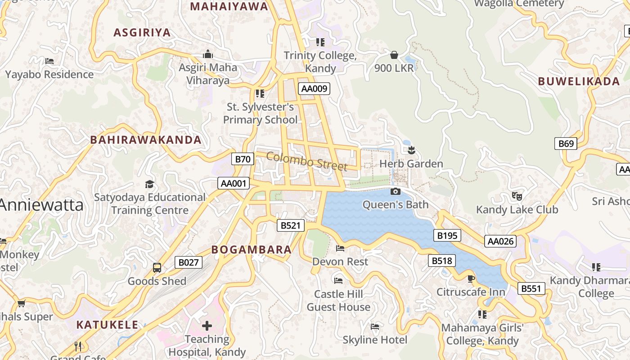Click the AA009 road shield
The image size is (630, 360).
point(314,89)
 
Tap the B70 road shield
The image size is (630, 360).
point(243,159)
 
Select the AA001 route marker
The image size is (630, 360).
point(233,183)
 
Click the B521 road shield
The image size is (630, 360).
point(290,225)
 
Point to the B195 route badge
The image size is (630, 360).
point(447,235)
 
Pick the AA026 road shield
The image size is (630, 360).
point(500,241)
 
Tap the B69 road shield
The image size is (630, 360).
point(566,144)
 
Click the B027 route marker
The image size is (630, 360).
point(189,262)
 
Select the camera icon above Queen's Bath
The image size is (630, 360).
point(396,192)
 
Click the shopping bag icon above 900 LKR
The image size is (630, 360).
point(394,55)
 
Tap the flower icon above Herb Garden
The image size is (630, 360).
point(411,150)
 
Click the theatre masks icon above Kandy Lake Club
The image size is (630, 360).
point(517,196)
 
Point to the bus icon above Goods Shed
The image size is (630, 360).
point(157,268)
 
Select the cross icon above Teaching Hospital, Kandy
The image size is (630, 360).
point(207,325)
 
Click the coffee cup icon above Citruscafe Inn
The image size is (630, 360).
point(471,279)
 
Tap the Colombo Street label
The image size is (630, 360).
point(307,161)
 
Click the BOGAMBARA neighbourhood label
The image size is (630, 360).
point(252,250)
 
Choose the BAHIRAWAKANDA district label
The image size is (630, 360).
point(146,139)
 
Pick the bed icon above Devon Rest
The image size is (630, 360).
point(340,248)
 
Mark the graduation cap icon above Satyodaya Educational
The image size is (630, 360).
point(149,184)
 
